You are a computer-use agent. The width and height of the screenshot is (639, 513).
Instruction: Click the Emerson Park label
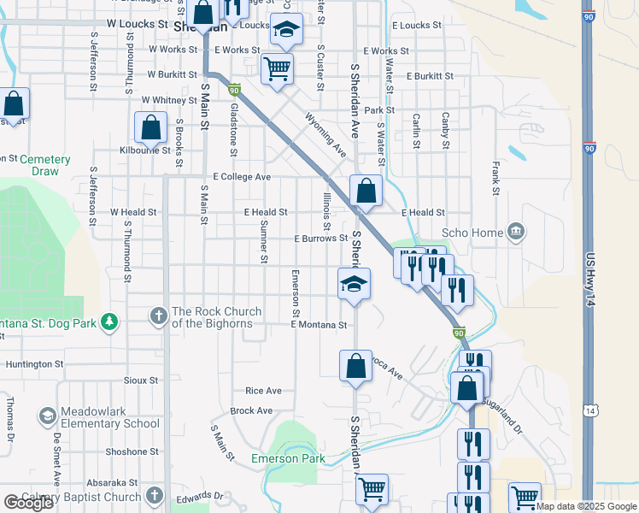pos(288,459)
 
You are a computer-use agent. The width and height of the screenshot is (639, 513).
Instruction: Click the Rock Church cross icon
pos(158,316)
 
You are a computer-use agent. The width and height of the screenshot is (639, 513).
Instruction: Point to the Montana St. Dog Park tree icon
pos(108,321)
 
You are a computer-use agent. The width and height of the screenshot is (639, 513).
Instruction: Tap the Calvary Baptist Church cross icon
pos(154,496)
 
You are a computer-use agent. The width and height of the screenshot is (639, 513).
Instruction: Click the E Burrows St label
pos(320,239)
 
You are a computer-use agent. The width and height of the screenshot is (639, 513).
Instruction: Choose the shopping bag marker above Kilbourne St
pos(150,128)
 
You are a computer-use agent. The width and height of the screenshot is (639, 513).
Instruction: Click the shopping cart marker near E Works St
pos(277,68)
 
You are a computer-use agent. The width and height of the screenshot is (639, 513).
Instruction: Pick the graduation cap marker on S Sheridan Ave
pos(353,284)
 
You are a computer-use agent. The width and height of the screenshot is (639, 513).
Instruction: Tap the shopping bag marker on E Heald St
pos(366,191)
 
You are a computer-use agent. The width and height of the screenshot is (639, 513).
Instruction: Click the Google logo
pos(28,503)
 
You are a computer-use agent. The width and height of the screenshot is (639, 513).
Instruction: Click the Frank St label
pos(495,180)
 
